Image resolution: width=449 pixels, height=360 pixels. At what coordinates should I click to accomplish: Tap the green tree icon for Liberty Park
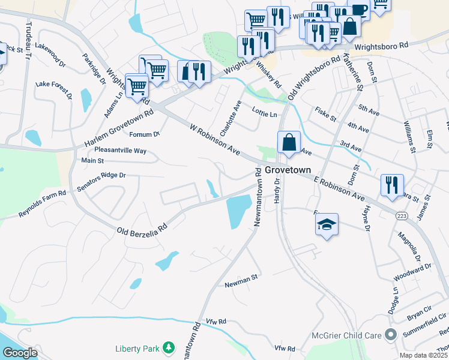169,348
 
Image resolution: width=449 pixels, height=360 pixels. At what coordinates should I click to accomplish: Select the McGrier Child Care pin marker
392,334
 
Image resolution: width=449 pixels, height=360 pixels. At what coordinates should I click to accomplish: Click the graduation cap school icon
327,224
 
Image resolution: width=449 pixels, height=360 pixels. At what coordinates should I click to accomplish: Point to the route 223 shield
401,215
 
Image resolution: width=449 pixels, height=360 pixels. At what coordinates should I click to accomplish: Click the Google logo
19,353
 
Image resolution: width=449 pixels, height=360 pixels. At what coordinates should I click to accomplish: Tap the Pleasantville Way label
120,151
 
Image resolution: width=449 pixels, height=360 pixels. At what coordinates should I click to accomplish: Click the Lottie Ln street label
265,114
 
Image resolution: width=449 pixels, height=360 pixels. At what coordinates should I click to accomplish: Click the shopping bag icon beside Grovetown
289,143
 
